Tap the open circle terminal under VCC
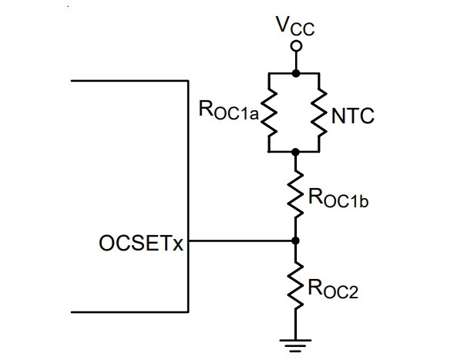tap(296, 46)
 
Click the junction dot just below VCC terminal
tap(296, 73)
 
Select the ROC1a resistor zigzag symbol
tap(269, 113)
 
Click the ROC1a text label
tap(228, 110)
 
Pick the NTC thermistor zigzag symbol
tap(319, 113)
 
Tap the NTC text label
tap(353, 116)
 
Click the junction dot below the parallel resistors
tap(295, 152)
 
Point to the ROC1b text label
tap(338, 198)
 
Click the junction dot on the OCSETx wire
tap(295, 241)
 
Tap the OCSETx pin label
tap(141, 243)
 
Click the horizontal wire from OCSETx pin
tap(242, 241)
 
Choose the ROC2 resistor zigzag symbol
tap(295, 285)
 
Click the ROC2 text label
tap(333, 289)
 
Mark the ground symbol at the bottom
tap(295, 345)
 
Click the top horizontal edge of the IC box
tap(129, 80)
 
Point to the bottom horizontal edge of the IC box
tap(129, 312)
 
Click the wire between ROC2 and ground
tap(295, 325)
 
